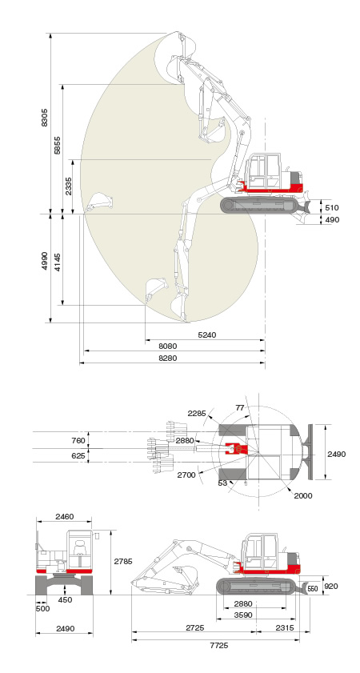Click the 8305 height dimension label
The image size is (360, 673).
coord(45,117)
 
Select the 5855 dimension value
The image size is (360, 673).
coord(58,145)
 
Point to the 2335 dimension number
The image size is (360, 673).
coord(69,186)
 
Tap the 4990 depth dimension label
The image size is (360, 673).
coord(45,261)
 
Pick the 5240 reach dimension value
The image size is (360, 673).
coord(207,334)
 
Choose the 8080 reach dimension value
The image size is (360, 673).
coord(167,346)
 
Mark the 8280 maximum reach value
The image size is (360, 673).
coord(167,358)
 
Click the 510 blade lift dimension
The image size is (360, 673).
coord(332,208)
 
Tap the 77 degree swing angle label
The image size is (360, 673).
coord(240,408)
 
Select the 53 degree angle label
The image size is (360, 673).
coord(222,483)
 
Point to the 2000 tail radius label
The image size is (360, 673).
coord(303,495)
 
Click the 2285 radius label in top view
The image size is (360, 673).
coord(197,414)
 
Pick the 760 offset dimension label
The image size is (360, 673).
coord(78,440)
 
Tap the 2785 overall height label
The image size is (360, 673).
coord(123,561)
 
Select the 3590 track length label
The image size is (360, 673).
coord(243,615)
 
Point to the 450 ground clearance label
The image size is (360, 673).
coord(66,600)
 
